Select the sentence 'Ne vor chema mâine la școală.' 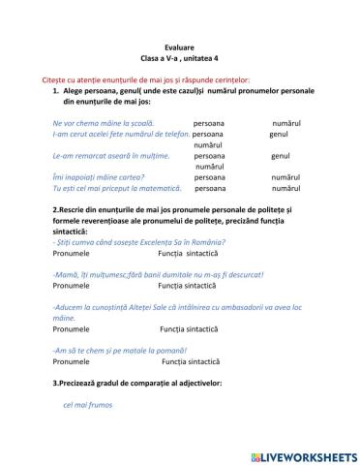(103, 123)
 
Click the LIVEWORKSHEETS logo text (308, 454)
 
